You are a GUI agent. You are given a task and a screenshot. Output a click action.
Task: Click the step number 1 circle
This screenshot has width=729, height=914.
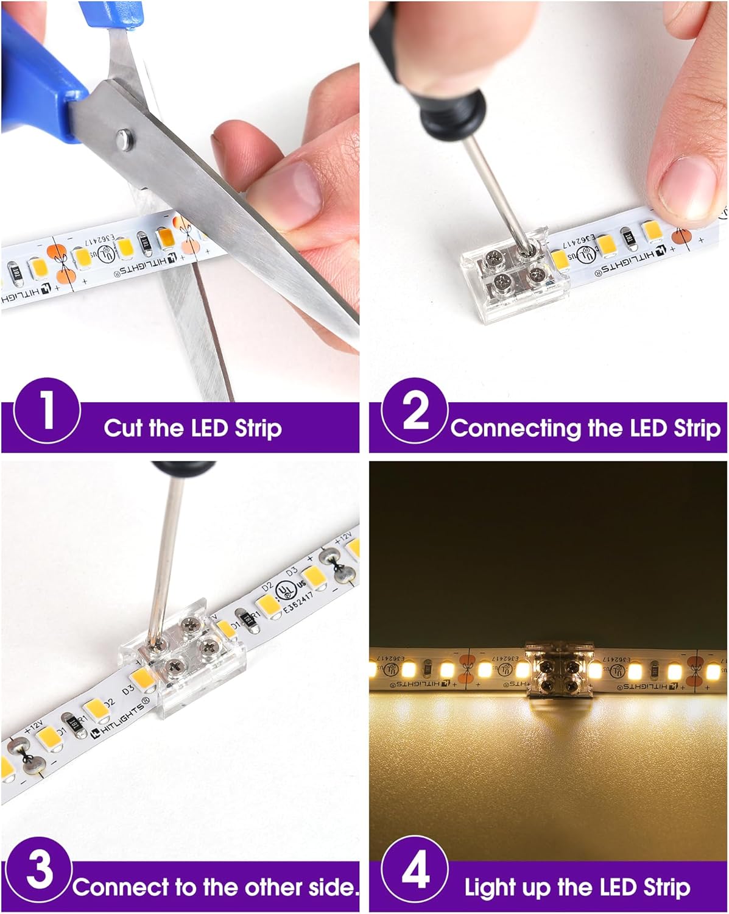pyautogui.click(x=47, y=411)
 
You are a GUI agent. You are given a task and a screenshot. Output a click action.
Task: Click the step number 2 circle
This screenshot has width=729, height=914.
pyautogui.click(x=415, y=411)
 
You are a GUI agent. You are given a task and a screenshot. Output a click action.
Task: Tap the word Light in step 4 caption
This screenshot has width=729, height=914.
pyautogui.click(x=490, y=888)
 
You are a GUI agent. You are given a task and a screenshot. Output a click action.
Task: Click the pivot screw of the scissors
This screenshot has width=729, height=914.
pyautogui.click(x=125, y=138)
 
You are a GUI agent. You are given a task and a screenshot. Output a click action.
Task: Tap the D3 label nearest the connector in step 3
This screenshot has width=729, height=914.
pyautogui.click(x=128, y=690)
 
